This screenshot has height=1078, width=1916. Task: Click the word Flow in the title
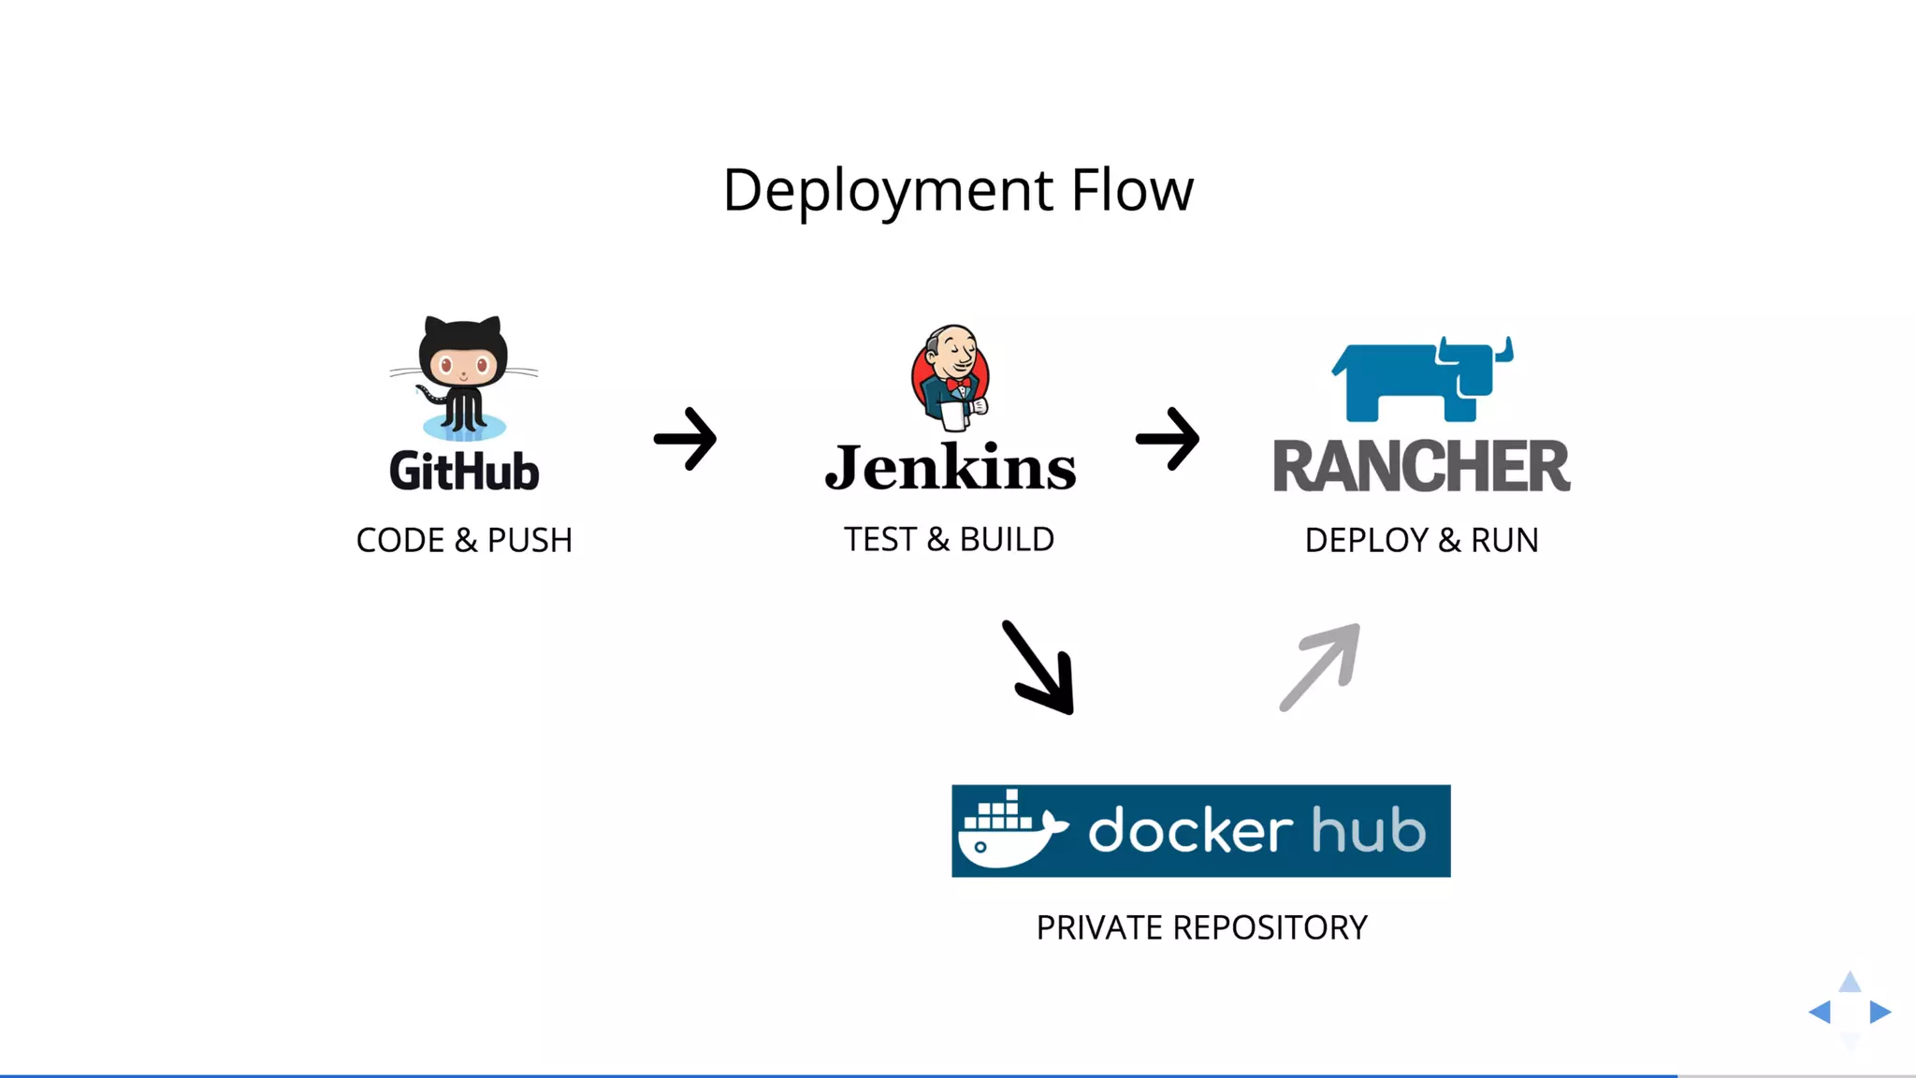point(1132,191)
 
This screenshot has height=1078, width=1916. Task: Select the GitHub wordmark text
point(464,470)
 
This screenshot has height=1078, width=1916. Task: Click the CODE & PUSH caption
point(464,540)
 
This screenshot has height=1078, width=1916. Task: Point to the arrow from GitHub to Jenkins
point(686,438)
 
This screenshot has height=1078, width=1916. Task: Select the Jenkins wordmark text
point(951,467)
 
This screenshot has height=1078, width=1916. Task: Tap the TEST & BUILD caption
point(949,539)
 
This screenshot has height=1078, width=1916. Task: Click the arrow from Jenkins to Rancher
point(1168,438)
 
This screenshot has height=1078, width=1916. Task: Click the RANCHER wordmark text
point(1421,465)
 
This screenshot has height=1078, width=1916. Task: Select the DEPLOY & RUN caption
point(1421,540)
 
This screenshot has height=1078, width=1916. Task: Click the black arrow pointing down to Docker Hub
point(1039,668)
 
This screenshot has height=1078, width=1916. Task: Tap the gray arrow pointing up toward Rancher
point(1320,666)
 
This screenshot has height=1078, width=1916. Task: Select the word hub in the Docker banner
point(1368,830)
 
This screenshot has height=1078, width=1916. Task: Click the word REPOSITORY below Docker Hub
point(1270,927)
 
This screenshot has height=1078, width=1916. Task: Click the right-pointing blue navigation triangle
point(1880,1012)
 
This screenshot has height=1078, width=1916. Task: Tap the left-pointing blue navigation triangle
point(1821,1012)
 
